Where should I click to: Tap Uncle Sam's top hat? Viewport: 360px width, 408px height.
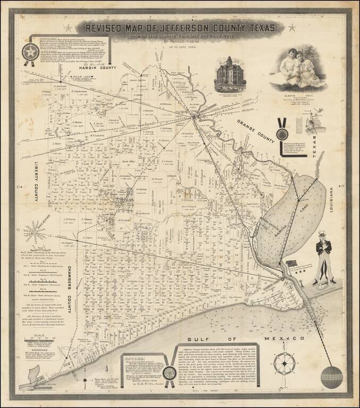[323, 234]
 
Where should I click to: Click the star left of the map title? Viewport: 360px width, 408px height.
[67, 28]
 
